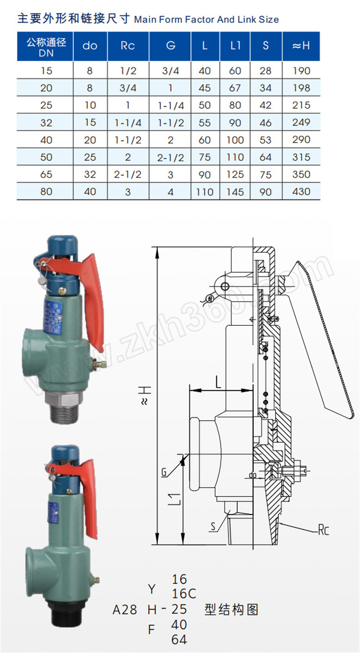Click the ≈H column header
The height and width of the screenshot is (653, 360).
(x=301, y=45)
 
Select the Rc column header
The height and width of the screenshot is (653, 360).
(x=128, y=45)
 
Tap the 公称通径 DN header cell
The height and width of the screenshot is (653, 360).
(x=46, y=47)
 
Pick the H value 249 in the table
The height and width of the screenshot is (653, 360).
(x=301, y=122)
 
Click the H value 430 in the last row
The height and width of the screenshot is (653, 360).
(x=301, y=192)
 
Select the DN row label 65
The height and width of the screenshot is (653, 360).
(x=46, y=174)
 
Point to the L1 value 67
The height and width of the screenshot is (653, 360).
(x=235, y=88)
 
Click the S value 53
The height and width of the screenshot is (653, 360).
(x=265, y=140)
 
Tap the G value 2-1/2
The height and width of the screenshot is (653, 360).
(x=171, y=158)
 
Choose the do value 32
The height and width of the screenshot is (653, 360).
(x=90, y=174)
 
